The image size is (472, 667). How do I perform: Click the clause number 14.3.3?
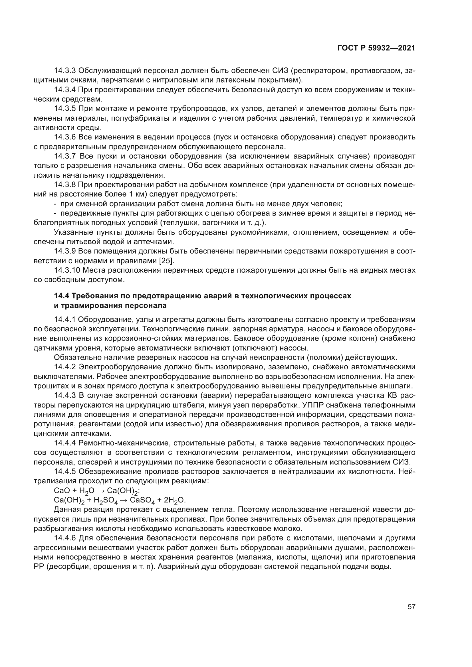pos(65,71)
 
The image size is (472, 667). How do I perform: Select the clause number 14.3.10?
pos(67,270)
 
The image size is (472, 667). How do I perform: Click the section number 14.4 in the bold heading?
pos(61,296)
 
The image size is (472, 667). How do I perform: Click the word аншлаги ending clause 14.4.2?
pos(400,386)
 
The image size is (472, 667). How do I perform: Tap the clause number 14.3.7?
pos(65,156)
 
